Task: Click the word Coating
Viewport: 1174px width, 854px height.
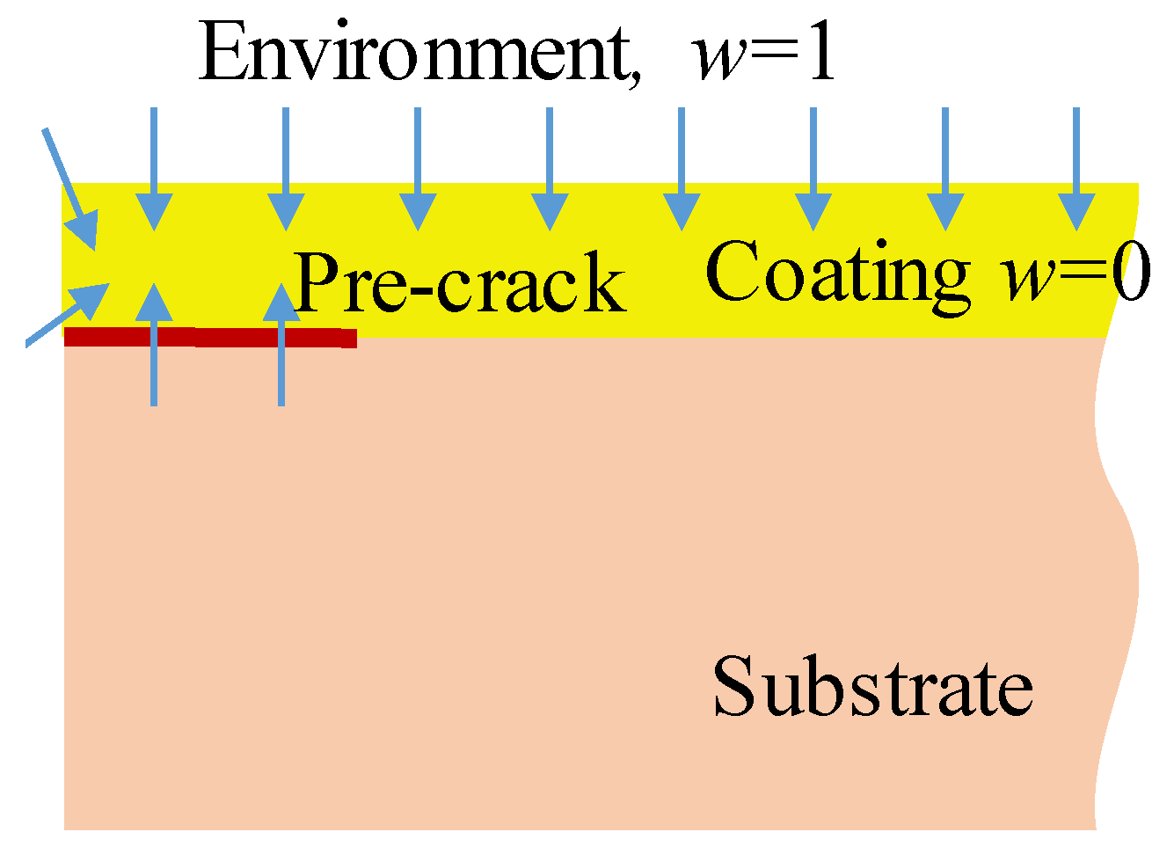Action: pyautogui.click(x=837, y=273)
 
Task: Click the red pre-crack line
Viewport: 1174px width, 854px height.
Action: pyautogui.click(x=211, y=337)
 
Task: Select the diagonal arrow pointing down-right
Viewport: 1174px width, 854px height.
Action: pyautogui.click(x=70, y=189)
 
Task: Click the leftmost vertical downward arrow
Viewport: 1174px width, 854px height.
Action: pyautogui.click(x=154, y=167)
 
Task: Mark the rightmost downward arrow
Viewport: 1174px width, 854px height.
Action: pyautogui.click(x=1076, y=167)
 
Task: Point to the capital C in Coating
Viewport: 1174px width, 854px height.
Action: pyautogui.click(x=732, y=273)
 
